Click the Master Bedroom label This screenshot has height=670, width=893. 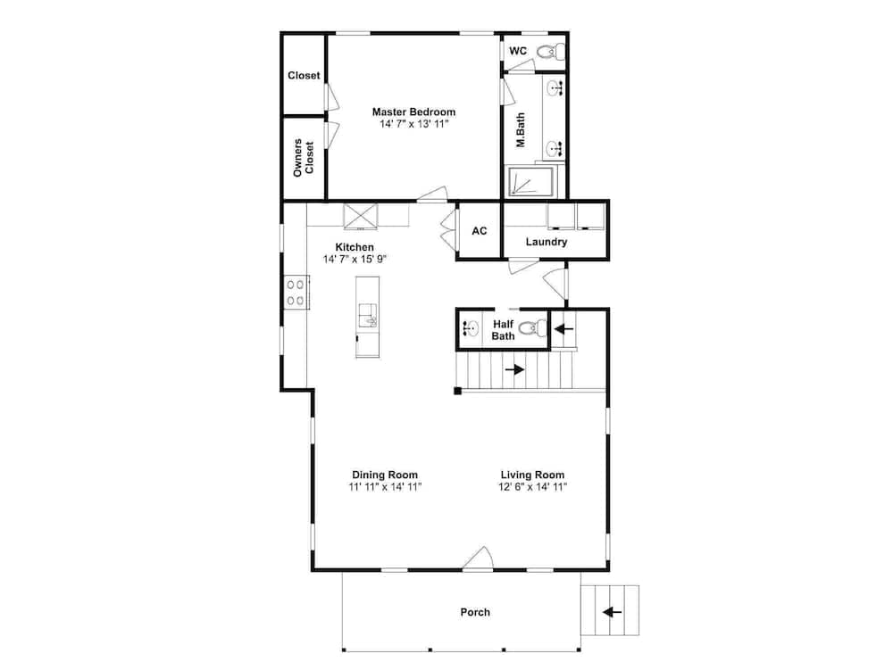point(413,112)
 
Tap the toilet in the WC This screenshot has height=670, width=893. point(551,52)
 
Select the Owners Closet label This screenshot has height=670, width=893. point(304,158)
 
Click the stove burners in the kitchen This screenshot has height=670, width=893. point(296,293)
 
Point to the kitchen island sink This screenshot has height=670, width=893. point(367,316)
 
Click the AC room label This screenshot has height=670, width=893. point(480,230)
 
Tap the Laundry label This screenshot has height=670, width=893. point(547,242)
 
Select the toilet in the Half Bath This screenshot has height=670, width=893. point(532,328)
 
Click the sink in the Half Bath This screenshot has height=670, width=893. point(470,328)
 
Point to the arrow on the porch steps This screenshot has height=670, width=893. point(612,612)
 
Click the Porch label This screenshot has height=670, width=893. point(475,612)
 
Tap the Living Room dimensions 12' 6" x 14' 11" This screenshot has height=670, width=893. point(532,487)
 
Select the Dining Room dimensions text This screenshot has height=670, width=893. point(385,487)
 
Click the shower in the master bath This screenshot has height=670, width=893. point(530,181)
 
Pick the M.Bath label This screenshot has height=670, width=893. point(521,130)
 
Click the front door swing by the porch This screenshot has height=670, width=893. point(479,558)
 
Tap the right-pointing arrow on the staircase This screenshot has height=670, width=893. point(514,369)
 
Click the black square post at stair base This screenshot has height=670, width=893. point(457,391)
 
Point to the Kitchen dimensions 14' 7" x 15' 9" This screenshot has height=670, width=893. point(355,260)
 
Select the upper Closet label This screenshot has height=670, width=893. point(304,75)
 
